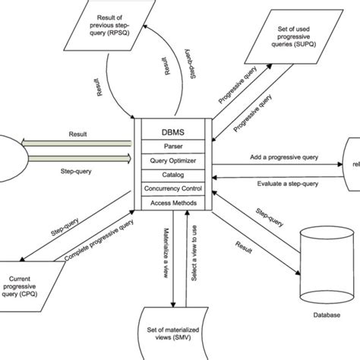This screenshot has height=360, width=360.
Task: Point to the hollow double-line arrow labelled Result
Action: (76, 141)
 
